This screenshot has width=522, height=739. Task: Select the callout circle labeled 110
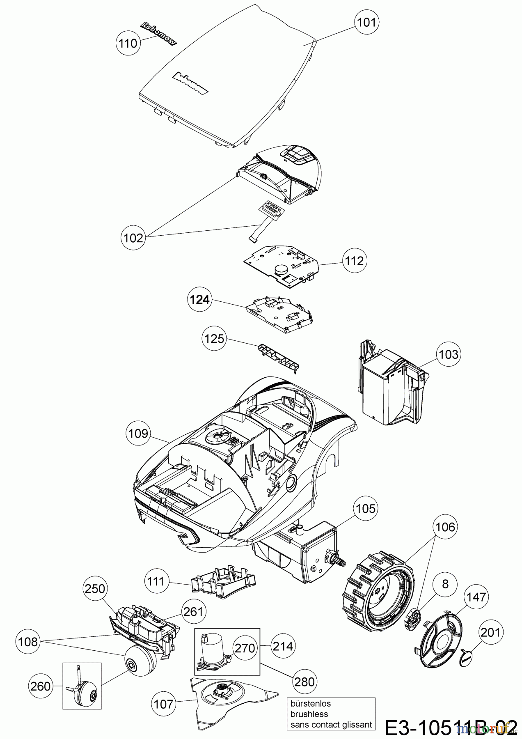[x=128, y=43]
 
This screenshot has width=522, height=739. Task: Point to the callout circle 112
[x=355, y=261]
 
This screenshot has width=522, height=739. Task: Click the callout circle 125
[x=214, y=338]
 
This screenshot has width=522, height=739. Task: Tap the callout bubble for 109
[x=138, y=433]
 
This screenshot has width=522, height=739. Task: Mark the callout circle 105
[x=365, y=508]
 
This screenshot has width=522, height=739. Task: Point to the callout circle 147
[x=476, y=597]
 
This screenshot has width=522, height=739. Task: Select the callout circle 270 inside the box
[x=245, y=648]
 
